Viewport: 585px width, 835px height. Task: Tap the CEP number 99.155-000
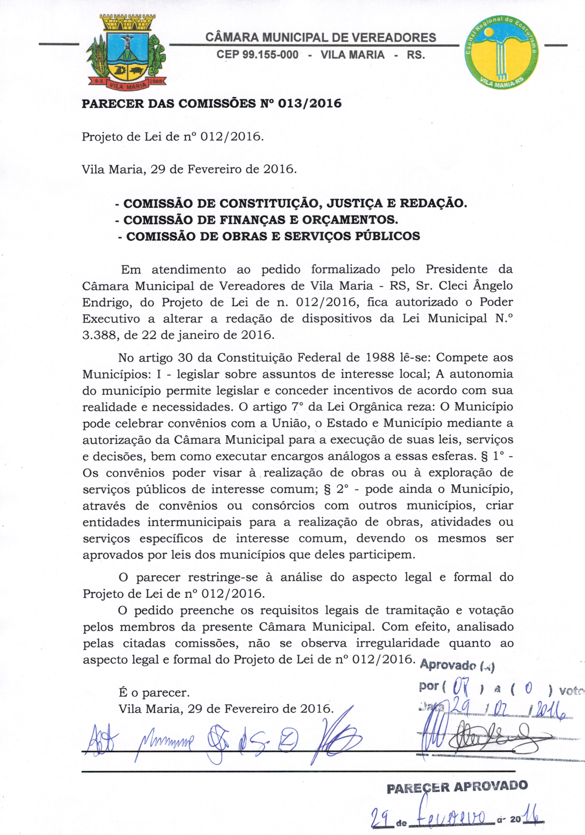click(257, 55)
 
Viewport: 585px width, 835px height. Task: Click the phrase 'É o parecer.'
click(154, 692)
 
